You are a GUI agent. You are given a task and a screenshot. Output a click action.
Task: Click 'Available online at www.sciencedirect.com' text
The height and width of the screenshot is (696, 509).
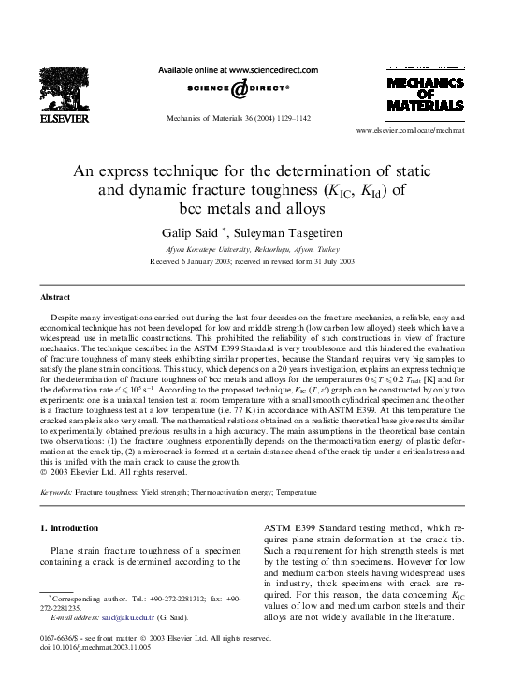pos(241,69)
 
